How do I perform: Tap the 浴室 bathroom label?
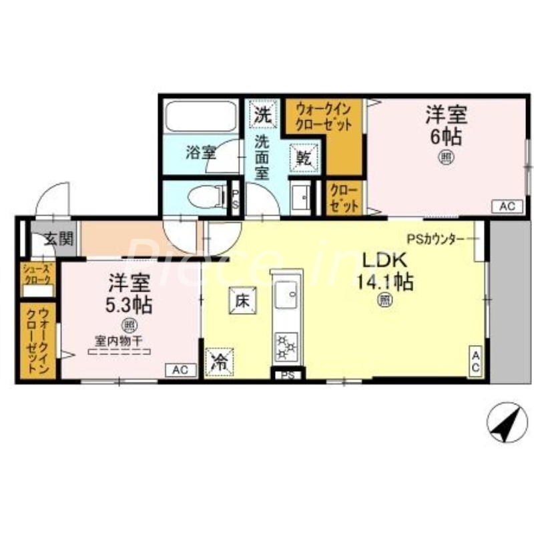200,152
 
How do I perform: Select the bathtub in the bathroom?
200,117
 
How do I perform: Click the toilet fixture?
205,198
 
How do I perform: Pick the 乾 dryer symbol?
304,158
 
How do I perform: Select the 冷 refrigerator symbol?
219,363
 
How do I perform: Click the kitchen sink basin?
288,292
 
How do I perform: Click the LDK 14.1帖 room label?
386,271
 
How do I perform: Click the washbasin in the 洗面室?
302,197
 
